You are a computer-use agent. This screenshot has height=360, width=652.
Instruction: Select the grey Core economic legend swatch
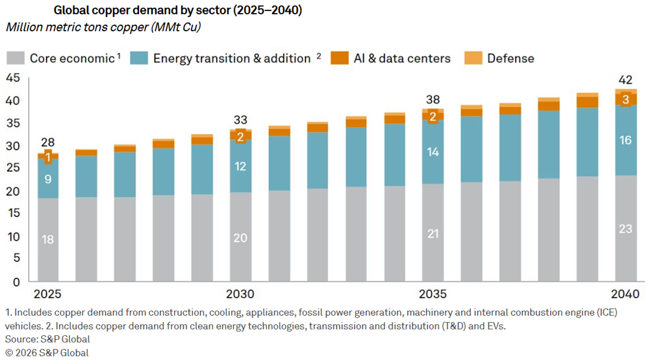[x=16, y=58]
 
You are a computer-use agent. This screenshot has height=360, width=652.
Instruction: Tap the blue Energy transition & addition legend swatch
[x=139, y=58]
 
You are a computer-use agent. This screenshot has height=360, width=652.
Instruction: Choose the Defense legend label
[x=510, y=58]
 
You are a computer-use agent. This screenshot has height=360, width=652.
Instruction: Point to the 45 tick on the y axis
[x=13, y=78]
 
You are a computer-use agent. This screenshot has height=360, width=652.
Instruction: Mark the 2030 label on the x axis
[x=240, y=293]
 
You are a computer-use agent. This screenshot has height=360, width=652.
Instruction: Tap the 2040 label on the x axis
[x=626, y=293]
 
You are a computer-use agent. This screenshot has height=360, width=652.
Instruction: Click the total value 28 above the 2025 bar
[x=47, y=143]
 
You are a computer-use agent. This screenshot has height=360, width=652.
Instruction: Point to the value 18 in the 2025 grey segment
[x=47, y=239]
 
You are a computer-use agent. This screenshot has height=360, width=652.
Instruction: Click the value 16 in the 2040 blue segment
[x=626, y=140]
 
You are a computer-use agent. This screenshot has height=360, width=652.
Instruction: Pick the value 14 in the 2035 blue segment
[x=433, y=152]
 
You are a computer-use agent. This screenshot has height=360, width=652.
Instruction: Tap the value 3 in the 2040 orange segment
[x=626, y=99]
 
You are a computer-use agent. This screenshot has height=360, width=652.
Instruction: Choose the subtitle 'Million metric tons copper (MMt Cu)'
[x=101, y=27]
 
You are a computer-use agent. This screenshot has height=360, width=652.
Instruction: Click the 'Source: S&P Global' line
[x=47, y=339]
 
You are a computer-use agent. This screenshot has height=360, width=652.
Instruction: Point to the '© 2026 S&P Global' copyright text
[x=46, y=352]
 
